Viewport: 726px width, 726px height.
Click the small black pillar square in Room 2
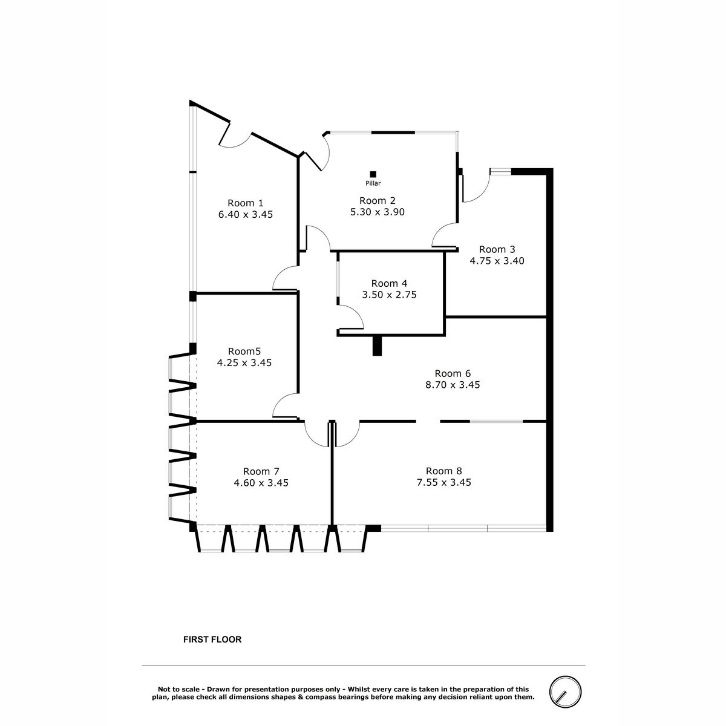point(373,174)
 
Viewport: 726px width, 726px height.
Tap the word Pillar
point(373,183)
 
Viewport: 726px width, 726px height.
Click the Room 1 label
point(245,203)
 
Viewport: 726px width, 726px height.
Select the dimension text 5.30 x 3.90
point(377,212)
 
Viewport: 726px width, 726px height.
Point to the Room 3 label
point(497,249)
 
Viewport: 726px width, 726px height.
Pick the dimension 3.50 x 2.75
point(389,295)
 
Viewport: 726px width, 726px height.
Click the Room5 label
point(244,352)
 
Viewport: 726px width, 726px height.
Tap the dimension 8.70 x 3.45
point(453,385)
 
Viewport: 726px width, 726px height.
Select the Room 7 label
point(261,471)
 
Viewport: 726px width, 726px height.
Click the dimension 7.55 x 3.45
point(444,482)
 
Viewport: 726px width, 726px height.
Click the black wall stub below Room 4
point(377,345)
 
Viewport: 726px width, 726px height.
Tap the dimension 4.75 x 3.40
point(497,261)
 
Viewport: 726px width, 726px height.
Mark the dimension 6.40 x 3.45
point(245,214)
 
